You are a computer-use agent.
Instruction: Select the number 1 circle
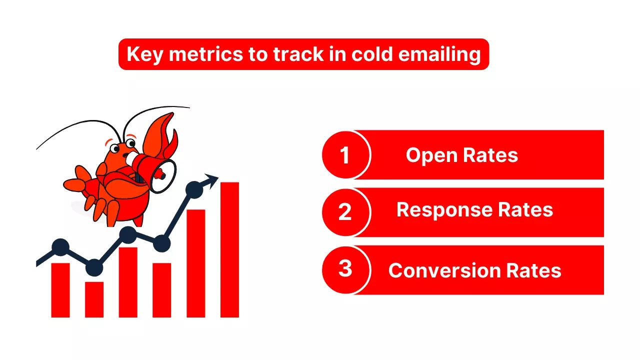click(x=345, y=155)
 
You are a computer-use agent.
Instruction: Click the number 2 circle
click(x=345, y=212)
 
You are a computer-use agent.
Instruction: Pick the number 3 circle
click(x=345, y=269)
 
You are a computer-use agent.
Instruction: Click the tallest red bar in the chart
click(x=229, y=250)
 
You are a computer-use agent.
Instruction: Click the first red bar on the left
click(x=60, y=290)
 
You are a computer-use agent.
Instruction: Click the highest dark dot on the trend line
click(x=194, y=189)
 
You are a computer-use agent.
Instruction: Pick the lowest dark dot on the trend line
click(x=94, y=268)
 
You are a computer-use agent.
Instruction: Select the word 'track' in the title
click(x=294, y=54)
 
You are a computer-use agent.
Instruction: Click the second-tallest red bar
click(x=196, y=263)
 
